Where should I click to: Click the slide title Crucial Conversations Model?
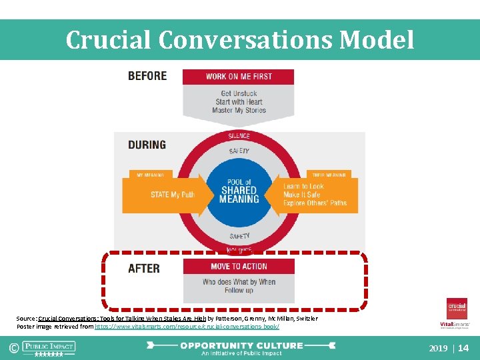pyautogui.click(x=240, y=40)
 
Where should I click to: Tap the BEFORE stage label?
pyautogui.click(x=147, y=76)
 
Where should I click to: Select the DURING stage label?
pyautogui.click(x=147, y=145)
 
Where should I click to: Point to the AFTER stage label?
pyautogui.click(x=144, y=269)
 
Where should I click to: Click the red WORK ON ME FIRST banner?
pyautogui.click(x=239, y=77)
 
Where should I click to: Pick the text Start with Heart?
pyautogui.click(x=239, y=102)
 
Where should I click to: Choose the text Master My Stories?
pyautogui.click(x=239, y=111)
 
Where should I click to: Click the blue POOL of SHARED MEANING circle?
pyautogui.click(x=239, y=191)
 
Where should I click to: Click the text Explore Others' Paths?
pyautogui.click(x=315, y=203)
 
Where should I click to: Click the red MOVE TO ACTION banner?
pyautogui.click(x=239, y=267)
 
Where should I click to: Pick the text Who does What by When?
pyautogui.click(x=239, y=282)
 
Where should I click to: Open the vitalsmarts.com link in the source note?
pyautogui.click(x=187, y=327)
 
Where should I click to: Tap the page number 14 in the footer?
pyautogui.click(x=464, y=348)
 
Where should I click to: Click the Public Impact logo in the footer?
pyautogui.click(x=49, y=347)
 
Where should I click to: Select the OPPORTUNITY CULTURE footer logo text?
pyautogui.click(x=241, y=345)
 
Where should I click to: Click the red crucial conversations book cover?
pyautogui.click(x=457, y=309)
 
